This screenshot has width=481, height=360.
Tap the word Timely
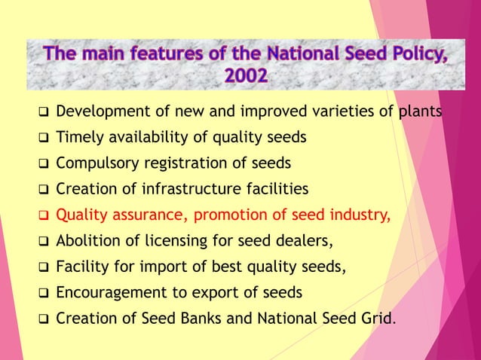(80, 138)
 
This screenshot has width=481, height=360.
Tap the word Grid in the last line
(377, 317)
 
